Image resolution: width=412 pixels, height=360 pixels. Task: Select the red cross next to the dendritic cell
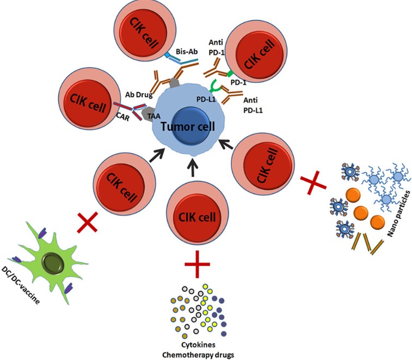click(88, 222)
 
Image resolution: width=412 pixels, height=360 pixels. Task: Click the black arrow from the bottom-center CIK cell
click(194, 168)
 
